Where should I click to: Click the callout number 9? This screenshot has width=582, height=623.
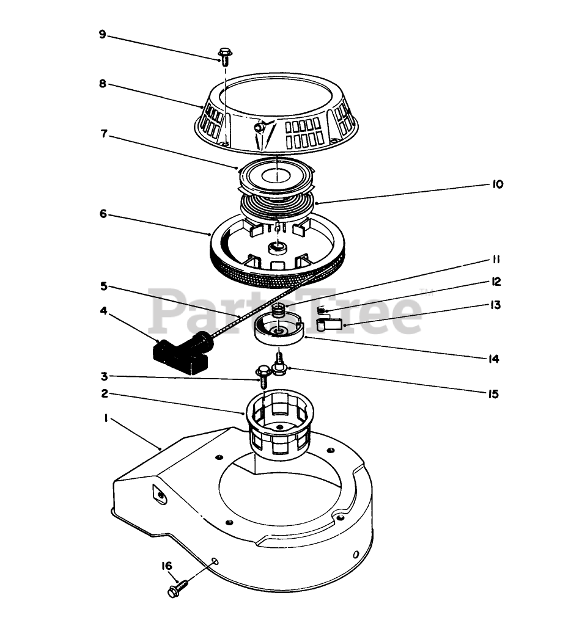103,35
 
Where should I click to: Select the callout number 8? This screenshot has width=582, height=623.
103,84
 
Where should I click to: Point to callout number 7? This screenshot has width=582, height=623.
104,134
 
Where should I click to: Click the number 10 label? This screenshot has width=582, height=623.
496,184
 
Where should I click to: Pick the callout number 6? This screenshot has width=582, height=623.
103,214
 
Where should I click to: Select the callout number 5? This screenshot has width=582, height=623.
104,285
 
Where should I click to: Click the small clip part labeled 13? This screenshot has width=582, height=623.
330,325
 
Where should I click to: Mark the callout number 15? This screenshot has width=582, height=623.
494,394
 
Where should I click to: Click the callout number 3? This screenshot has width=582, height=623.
104,376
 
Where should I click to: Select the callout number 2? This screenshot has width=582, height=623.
104,394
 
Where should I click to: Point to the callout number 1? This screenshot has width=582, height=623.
106,418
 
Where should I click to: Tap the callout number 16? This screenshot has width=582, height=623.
167,566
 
